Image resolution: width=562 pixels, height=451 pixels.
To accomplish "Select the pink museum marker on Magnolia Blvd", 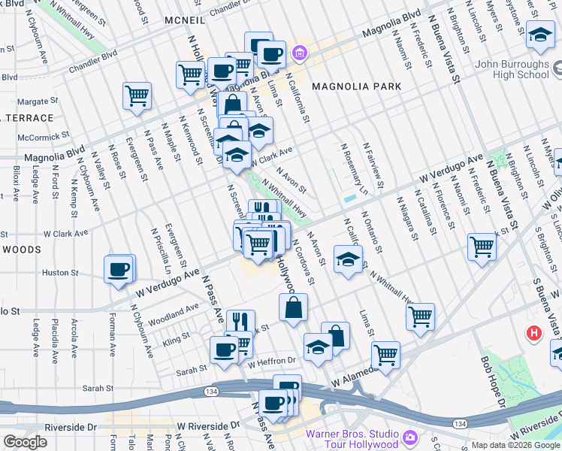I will [x=300, y=53].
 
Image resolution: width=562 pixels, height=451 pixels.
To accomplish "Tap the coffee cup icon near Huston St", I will [x=118, y=270].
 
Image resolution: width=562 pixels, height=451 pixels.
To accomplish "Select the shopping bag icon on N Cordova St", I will [x=293, y=307].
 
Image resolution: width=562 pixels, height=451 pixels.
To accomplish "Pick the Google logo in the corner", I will [x=25, y=442].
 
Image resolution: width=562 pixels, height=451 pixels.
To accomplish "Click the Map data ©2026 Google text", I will [x=515, y=445].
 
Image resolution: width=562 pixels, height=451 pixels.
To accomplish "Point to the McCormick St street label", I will [x=44, y=138].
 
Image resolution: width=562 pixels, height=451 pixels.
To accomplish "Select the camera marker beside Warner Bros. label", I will [x=410, y=437].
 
